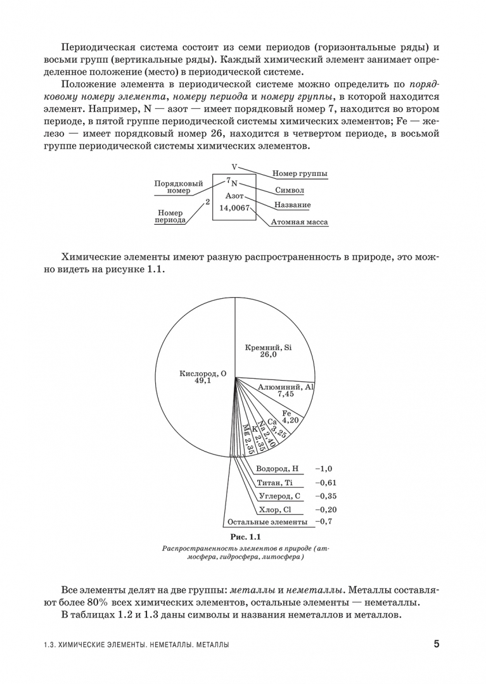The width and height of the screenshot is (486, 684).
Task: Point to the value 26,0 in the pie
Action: [x=268, y=355]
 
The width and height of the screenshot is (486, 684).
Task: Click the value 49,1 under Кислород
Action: [x=202, y=381]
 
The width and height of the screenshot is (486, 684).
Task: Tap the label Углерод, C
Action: [x=279, y=496]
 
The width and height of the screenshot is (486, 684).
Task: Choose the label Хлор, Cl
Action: [x=275, y=509]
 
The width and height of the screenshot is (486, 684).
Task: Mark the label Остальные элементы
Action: [x=267, y=522]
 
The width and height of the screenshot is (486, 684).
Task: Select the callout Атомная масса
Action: [x=299, y=222]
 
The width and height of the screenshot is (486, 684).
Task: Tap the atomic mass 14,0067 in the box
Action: [x=234, y=208]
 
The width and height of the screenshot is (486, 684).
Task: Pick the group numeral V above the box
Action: [x=234, y=167]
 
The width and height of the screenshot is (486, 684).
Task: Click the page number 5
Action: [x=437, y=644]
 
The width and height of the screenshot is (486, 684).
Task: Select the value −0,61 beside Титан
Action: [x=324, y=483]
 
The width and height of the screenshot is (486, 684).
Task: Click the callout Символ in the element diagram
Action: [x=290, y=190]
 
